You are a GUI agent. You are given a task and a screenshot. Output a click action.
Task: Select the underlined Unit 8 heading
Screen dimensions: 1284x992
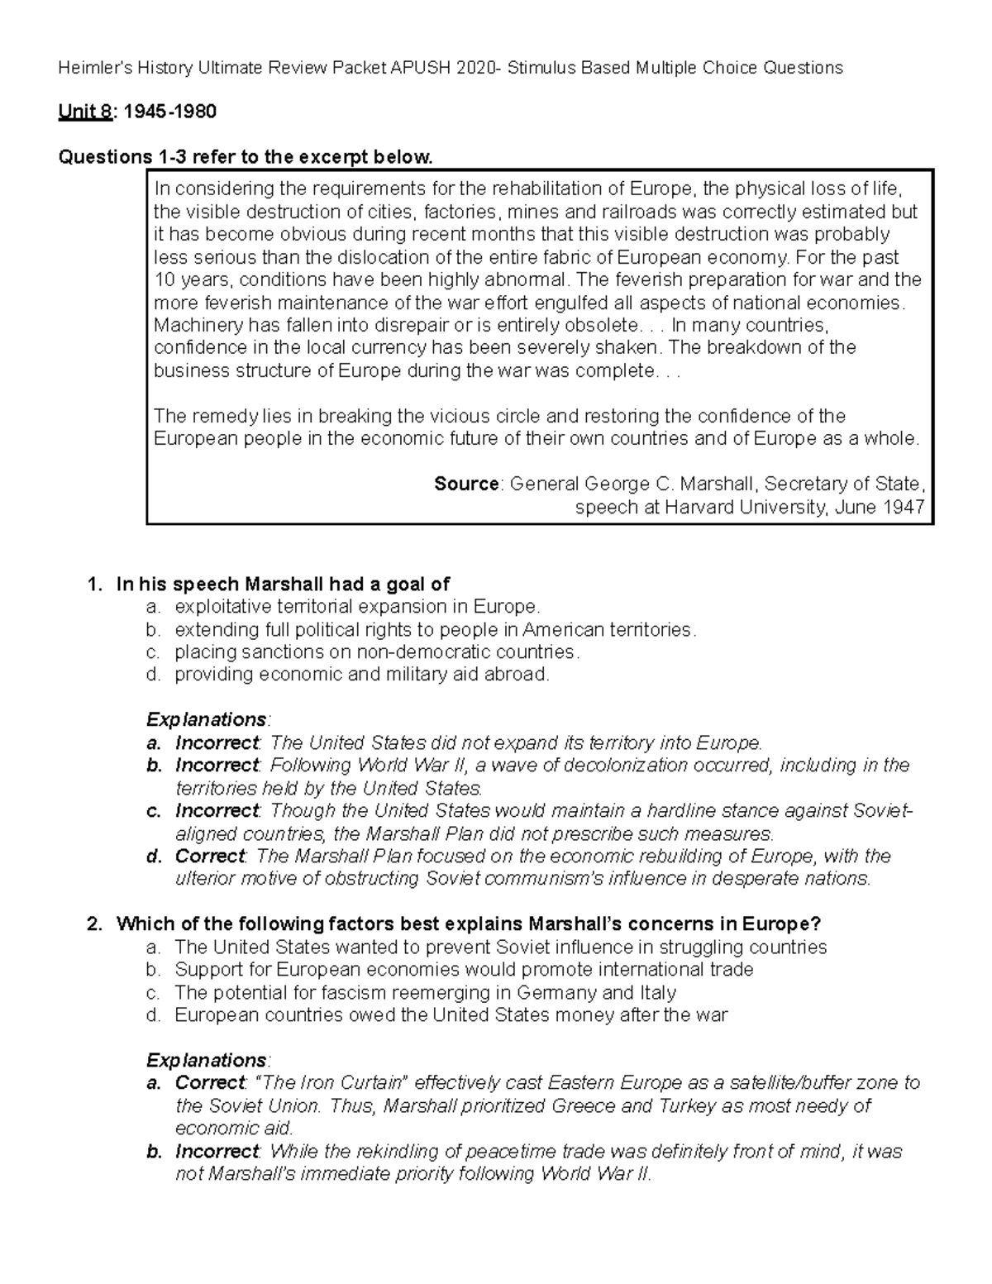(84, 112)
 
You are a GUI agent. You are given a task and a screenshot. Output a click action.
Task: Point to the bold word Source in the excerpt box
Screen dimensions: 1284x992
(466, 484)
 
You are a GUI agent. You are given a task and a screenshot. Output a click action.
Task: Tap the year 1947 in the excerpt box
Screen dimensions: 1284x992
(902, 507)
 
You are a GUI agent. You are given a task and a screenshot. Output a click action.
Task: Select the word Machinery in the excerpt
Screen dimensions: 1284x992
(192, 325)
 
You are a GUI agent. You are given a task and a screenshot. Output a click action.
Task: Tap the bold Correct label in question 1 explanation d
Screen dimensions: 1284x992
(210, 856)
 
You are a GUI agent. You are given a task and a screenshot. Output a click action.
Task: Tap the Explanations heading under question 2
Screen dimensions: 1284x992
(207, 1060)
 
